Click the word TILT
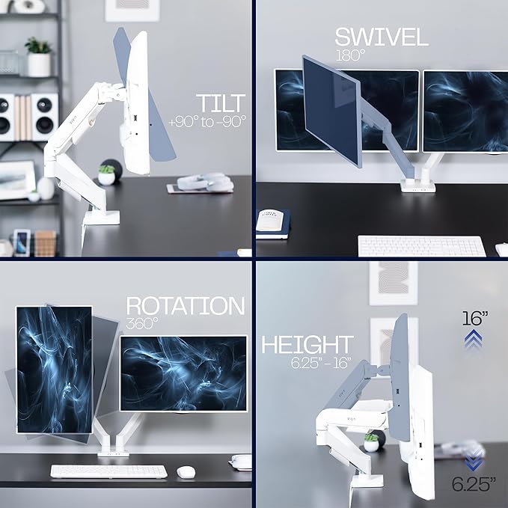point(221,103)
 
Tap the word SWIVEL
point(382,37)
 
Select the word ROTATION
point(185,306)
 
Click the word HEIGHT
point(307,344)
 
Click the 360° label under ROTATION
point(142,324)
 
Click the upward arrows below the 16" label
point(473,341)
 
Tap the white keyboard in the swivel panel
point(421,246)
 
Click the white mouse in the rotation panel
point(186,472)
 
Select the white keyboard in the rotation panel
point(109,471)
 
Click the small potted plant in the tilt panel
point(107,174)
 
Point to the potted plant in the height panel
point(371,441)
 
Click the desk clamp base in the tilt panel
point(101,218)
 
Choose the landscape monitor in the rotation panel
point(183,373)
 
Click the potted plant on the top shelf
point(38,57)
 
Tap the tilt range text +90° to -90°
point(208,121)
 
